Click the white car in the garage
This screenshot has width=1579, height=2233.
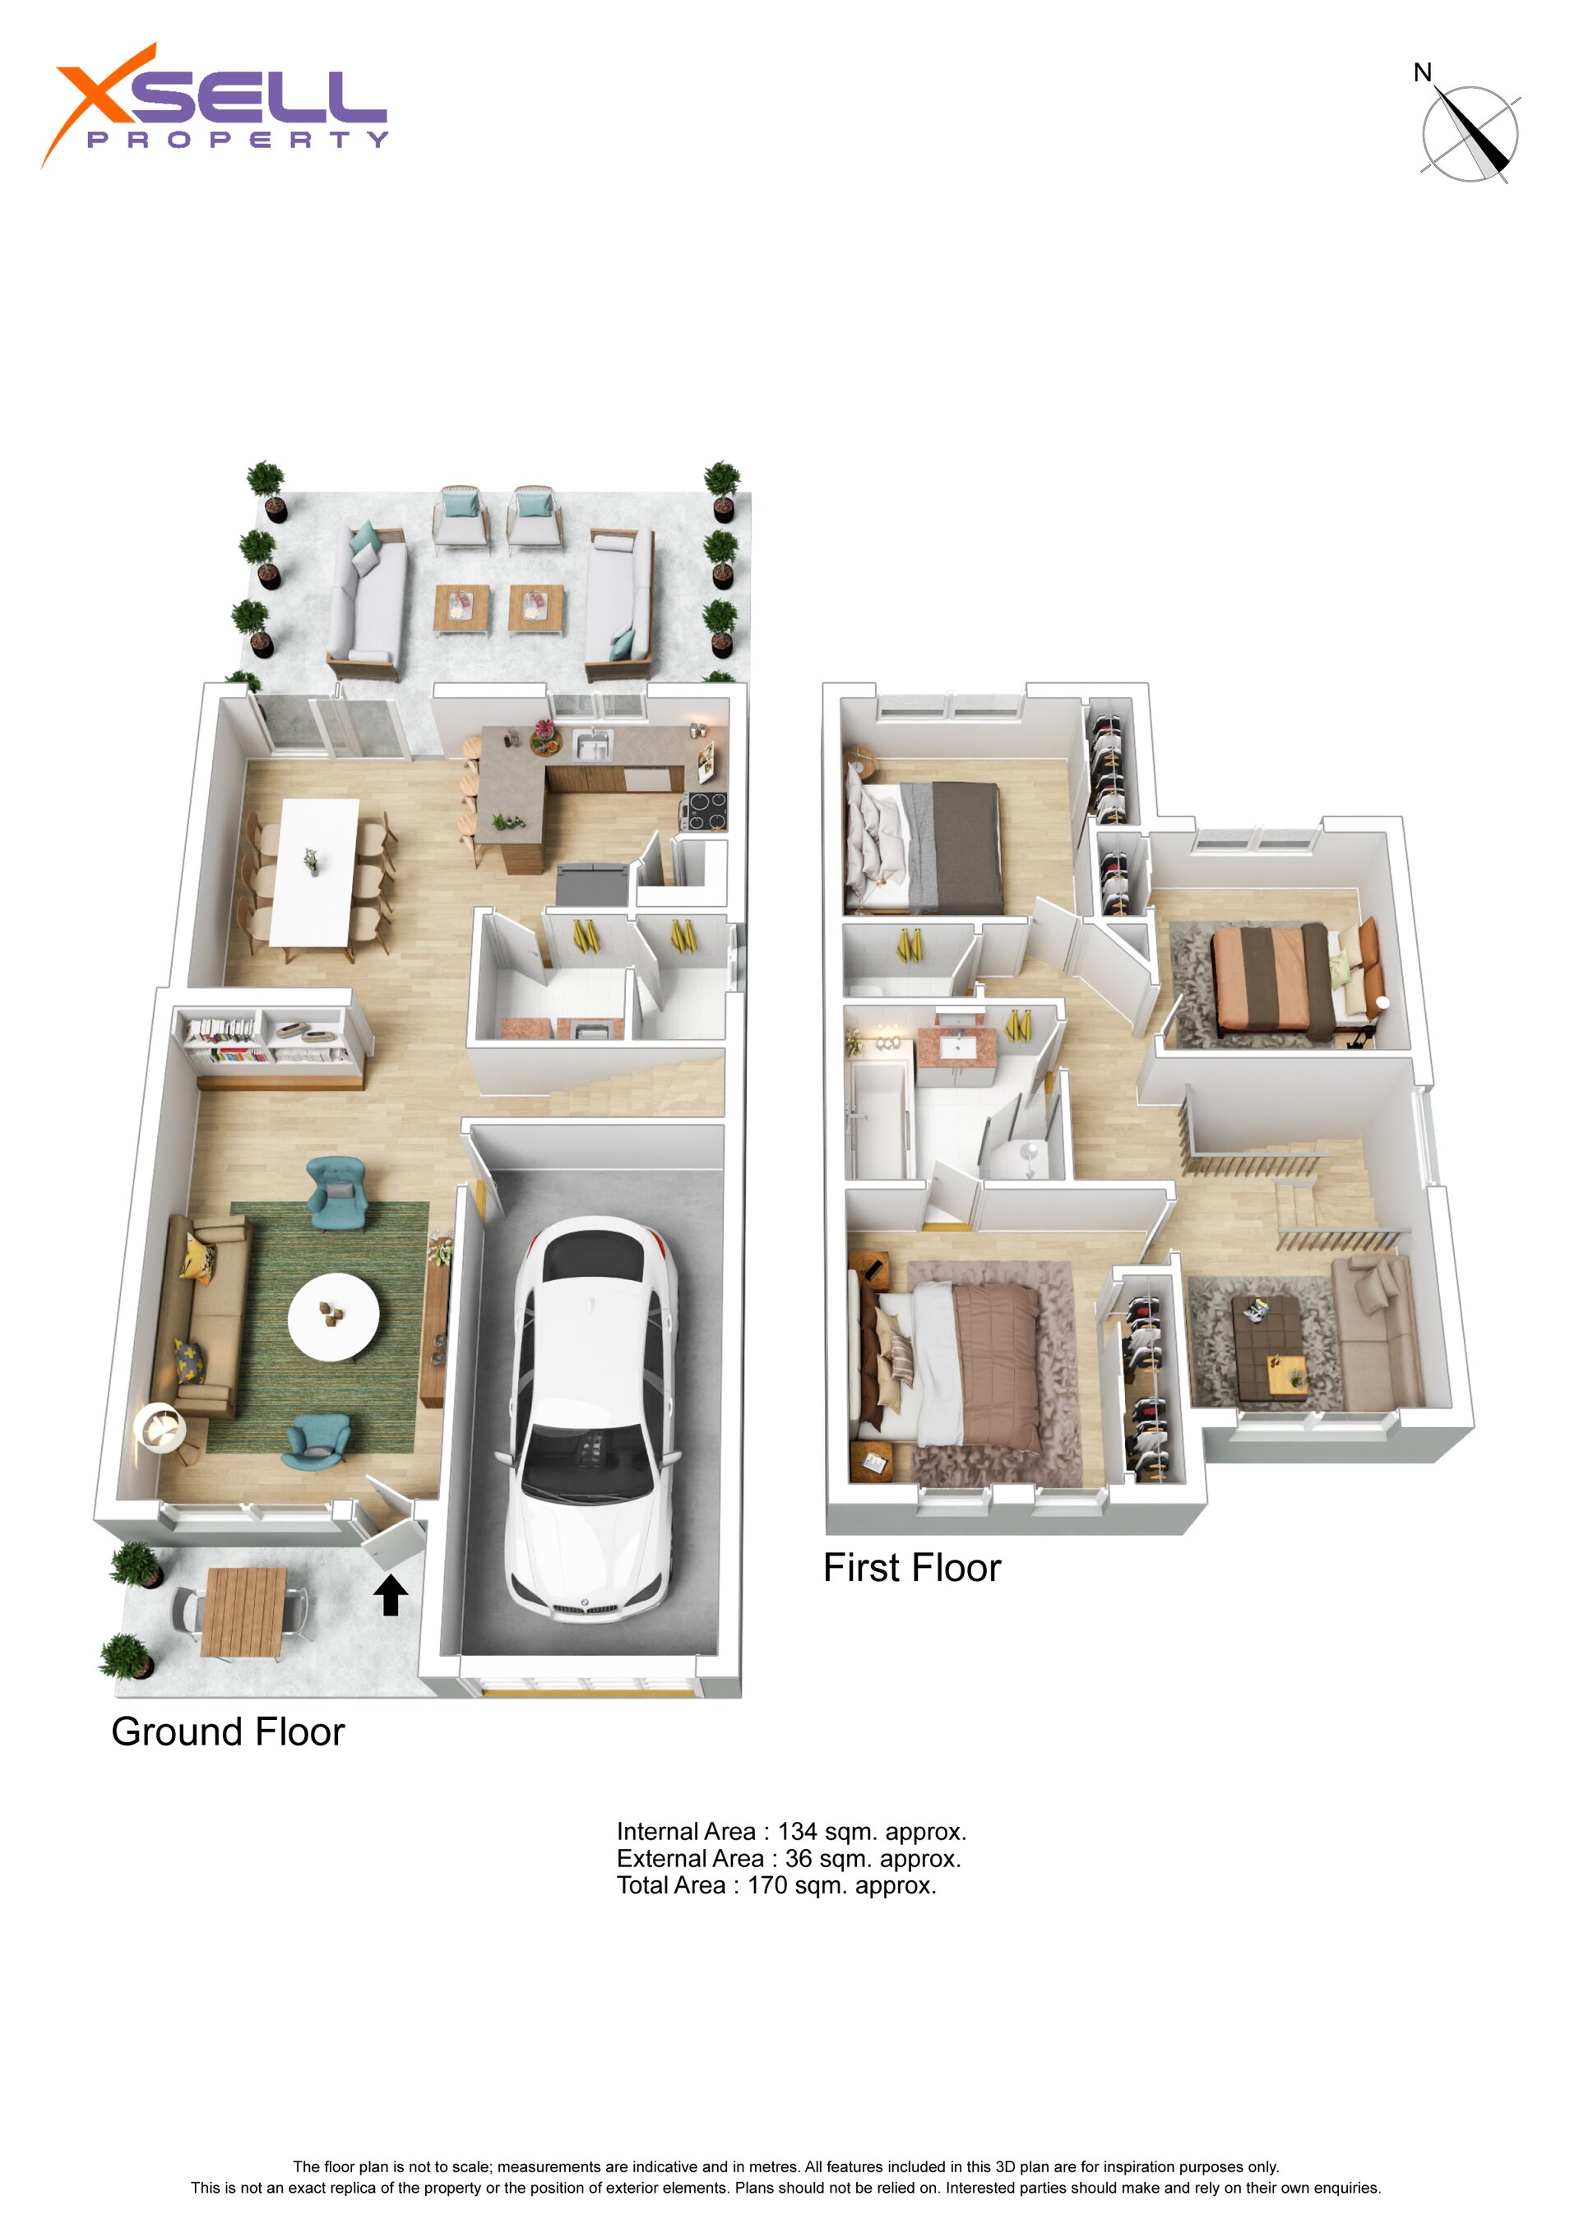[x=589, y=1420]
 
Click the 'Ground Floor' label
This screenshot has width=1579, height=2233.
[x=228, y=1732]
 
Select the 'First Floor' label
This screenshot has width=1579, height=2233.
[x=911, y=1568]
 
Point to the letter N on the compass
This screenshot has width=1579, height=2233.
[x=1423, y=73]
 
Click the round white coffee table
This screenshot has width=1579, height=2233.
[x=334, y=1317]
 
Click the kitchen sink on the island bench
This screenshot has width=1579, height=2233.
[x=592, y=745]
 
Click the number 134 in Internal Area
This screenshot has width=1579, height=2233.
[x=797, y=1833]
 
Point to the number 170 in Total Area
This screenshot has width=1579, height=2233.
[x=766, y=1886]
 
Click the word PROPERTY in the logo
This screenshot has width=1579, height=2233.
[x=238, y=139]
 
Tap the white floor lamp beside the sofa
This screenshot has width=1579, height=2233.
[x=159, y=1430]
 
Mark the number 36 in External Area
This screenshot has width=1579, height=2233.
[x=799, y=1860]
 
